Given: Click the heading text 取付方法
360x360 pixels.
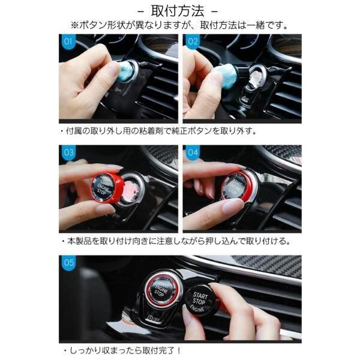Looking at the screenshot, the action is [178, 11].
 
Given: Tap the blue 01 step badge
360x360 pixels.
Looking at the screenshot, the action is [68, 41].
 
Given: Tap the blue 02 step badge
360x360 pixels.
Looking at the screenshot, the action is [192, 41].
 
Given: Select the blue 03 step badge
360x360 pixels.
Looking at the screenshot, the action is [68, 152].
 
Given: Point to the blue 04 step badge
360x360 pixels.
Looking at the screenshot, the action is [193, 152].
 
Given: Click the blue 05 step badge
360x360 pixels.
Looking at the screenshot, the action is [68, 262].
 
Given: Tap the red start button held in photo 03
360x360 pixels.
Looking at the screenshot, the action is [107, 187].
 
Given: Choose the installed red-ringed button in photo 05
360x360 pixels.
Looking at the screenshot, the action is [161, 290].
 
